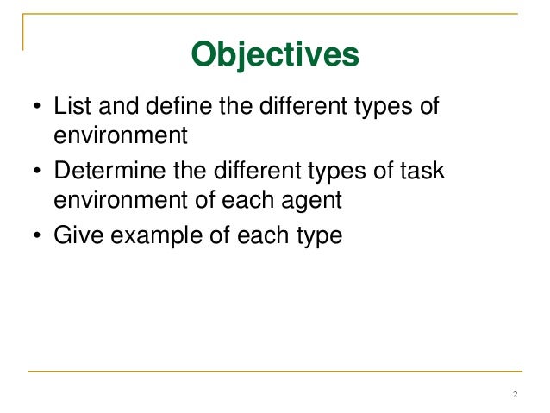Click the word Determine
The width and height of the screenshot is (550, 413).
coord(103,172)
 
